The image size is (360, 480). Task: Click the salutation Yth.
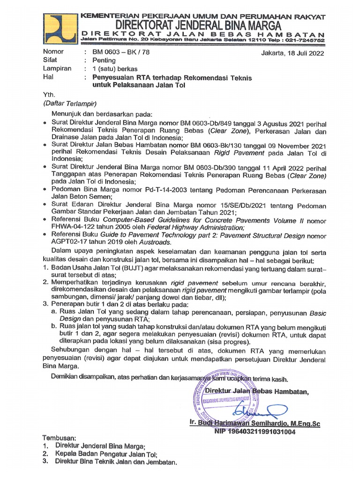pyautogui.click(x=49, y=94)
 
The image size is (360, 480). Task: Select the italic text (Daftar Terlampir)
pyautogui.click(x=70, y=103)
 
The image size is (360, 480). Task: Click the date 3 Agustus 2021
pyautogui.click(x=262, y=123)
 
